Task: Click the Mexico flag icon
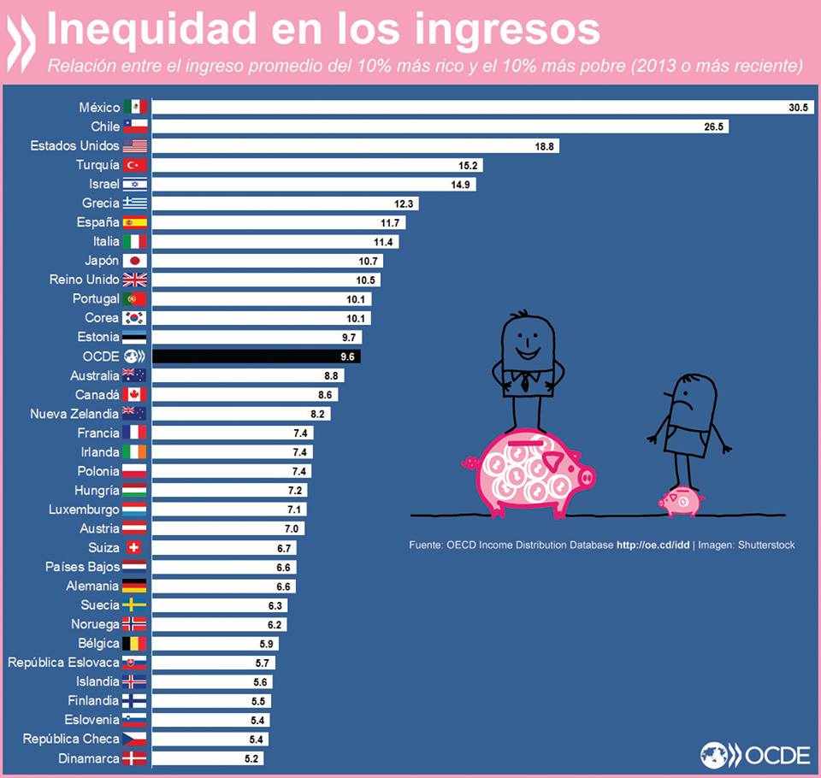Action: pos(135,107)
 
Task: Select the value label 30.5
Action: pos(798,108)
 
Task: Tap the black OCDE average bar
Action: pos(257,357)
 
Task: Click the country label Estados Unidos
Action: pos(75,145)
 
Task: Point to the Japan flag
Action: pos(135,261)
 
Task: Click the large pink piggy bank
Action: pos(526,473)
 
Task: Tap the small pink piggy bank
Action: pos(680,502)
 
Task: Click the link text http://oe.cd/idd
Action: pos(653,545)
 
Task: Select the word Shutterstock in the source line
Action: pos(765,545)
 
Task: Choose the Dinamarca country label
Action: pos(89,757)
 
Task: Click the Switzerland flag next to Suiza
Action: pos(135,547)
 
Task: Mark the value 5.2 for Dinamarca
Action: pos(252,758)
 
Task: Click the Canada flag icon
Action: pos(135,394)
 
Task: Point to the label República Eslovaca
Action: pos(63,662)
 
